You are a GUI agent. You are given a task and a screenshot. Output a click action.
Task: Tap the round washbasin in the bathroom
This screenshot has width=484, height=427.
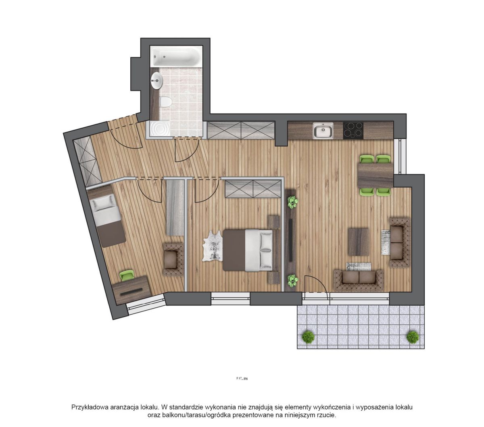pos(157,81)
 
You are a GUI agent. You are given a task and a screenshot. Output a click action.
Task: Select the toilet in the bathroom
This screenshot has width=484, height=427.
pos(165,102)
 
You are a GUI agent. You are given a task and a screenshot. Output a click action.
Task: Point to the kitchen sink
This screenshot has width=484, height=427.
pos(323,131)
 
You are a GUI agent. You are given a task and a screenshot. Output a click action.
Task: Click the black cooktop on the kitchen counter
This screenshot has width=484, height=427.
pos(353,131)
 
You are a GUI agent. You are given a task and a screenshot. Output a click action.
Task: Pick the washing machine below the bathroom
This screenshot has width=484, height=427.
pos(159,129)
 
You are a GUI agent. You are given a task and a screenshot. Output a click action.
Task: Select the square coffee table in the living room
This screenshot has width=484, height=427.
pos(358,242)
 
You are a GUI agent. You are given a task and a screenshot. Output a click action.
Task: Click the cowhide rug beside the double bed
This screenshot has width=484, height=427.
pos(213,246)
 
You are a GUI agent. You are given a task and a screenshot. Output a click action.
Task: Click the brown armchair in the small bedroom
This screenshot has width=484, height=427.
pos(173,259)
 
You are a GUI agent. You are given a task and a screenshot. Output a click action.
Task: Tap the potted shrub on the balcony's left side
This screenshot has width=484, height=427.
pos(308,337)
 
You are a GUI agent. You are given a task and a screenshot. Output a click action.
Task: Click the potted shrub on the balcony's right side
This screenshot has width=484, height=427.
pos(413,337)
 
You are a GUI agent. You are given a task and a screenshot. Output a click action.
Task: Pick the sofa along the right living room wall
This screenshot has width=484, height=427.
pos(399,242)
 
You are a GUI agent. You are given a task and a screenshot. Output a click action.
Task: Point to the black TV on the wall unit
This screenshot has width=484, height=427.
pos(290,240)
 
